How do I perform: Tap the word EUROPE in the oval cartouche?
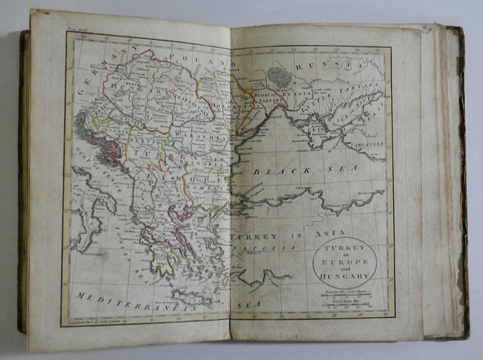point(345,261)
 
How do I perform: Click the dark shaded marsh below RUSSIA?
point(279,76)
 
